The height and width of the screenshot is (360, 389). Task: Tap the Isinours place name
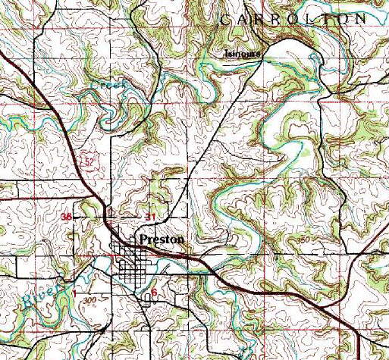coord(243,54)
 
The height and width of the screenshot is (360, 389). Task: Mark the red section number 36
coord(67,217)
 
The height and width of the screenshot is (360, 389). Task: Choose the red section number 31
coord(150,218)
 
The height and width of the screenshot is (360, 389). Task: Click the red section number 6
coord(154,291)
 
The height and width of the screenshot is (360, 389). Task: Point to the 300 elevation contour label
coord(91,301)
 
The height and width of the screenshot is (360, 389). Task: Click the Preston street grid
coord(132,269)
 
